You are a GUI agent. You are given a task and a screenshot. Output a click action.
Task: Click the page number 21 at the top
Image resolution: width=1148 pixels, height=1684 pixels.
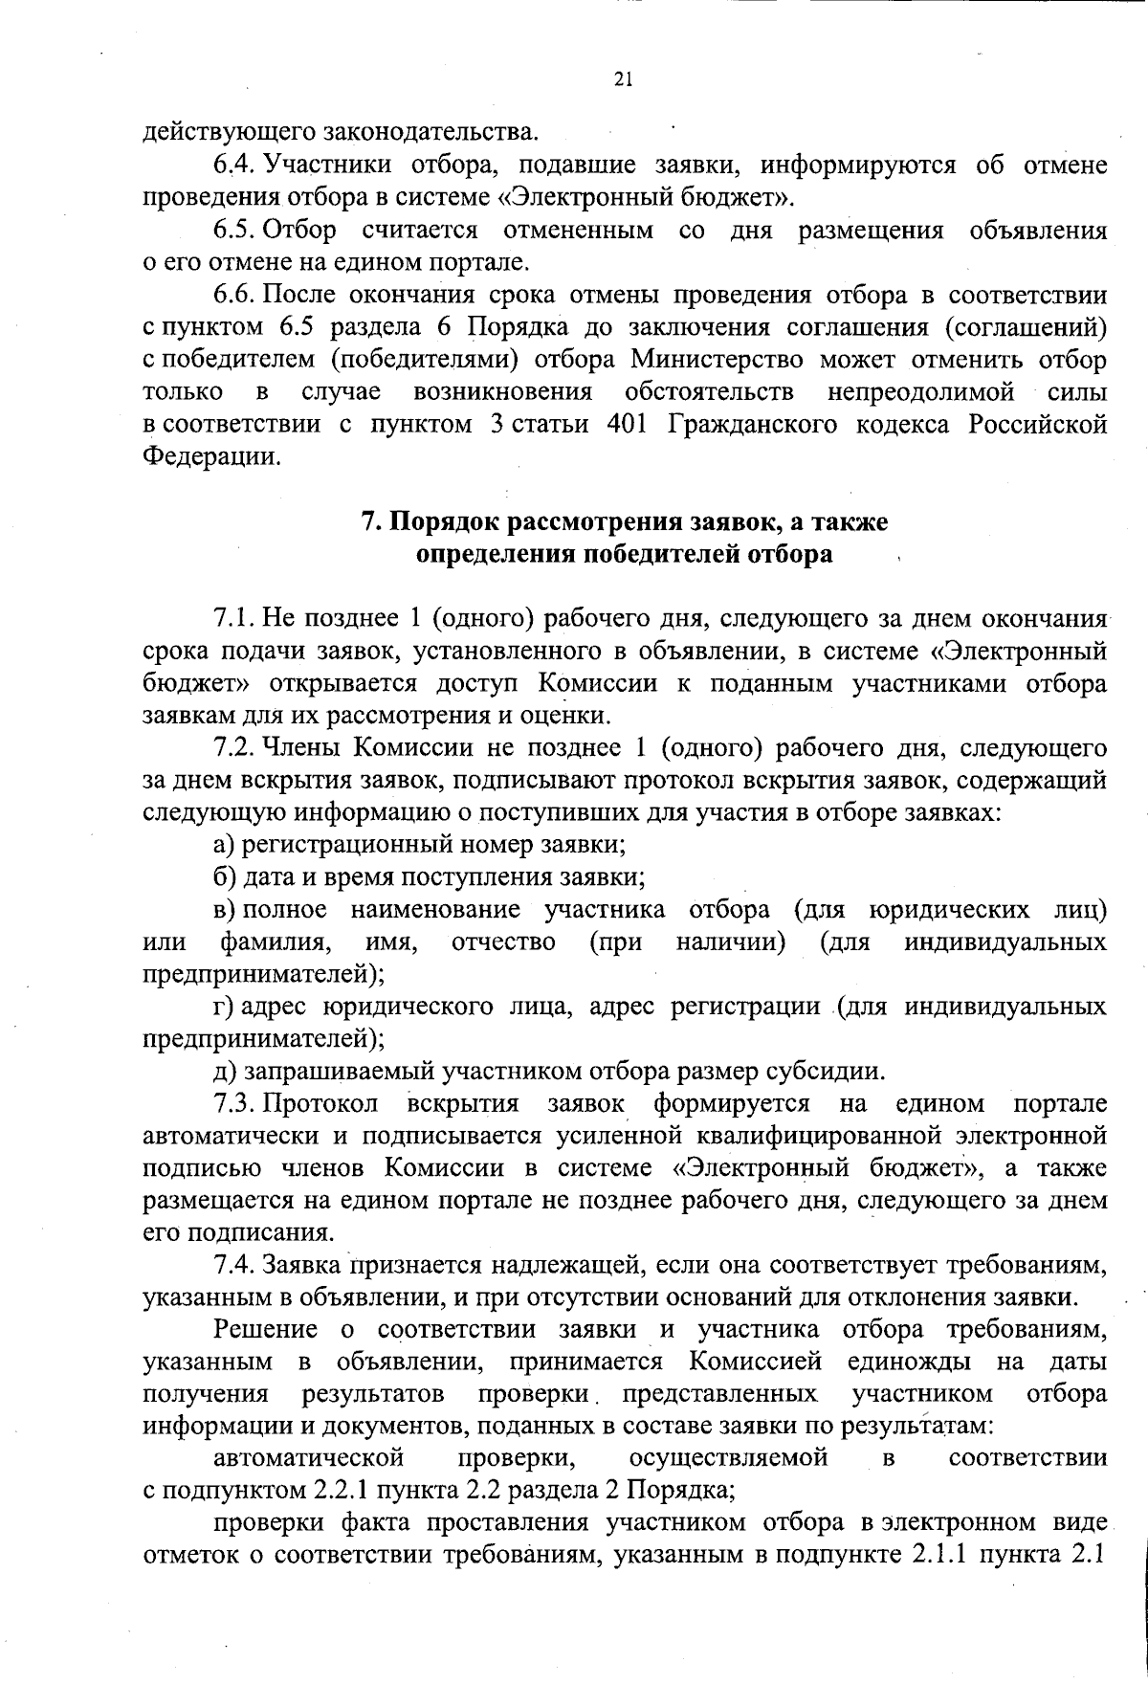pos(623,79)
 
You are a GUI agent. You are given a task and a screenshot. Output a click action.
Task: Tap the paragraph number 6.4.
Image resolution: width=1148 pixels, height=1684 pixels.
pos(232,165)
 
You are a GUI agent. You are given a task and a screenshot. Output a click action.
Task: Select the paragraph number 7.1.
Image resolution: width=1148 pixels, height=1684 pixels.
pos(232,618)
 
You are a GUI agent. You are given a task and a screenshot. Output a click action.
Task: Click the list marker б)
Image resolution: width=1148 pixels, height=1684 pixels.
pos(224,877)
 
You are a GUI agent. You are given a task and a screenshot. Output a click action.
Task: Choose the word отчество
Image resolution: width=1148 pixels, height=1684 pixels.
pos(503,942)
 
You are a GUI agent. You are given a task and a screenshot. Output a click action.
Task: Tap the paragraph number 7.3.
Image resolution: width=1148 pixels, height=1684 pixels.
pos(232,1103)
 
